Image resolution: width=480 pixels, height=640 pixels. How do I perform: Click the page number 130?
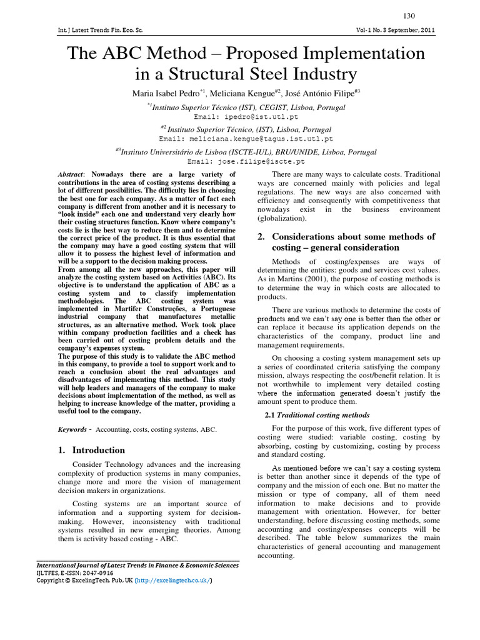pos(409,16)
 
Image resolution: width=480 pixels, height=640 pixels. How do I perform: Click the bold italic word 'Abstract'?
pos(70,174)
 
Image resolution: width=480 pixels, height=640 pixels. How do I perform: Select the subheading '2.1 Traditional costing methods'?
pos(314,415)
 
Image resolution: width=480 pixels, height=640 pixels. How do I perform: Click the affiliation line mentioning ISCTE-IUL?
pos(248,151)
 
